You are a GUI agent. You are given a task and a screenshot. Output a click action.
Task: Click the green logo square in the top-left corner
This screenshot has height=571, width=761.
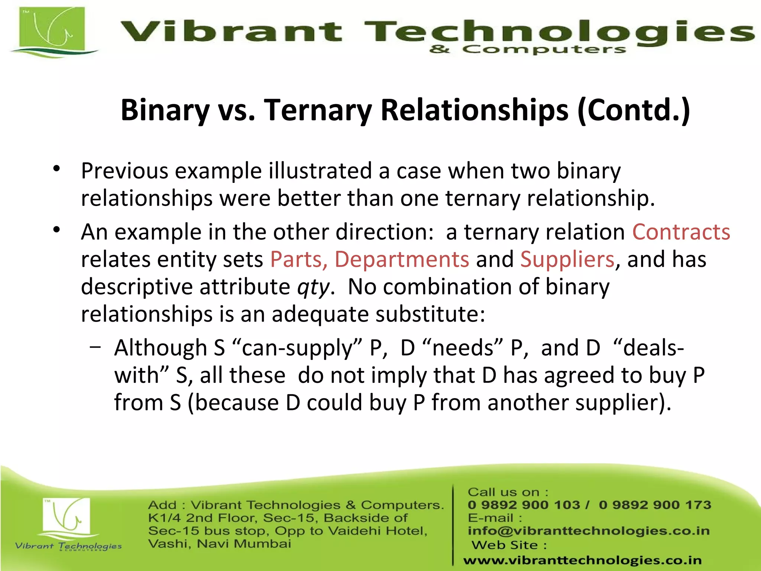(x=52, y=30)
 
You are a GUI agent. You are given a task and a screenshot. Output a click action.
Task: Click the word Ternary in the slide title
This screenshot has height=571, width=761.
(x=318, y=110)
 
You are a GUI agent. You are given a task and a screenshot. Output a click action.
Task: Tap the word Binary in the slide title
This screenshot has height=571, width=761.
(x=165, y=110)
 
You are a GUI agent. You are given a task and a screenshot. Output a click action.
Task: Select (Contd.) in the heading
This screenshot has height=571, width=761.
(x=633, y=110)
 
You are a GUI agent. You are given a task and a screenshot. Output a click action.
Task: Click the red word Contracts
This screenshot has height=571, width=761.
(x=681, y=232)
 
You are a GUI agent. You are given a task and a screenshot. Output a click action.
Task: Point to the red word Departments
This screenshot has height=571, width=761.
(x=402, y=259)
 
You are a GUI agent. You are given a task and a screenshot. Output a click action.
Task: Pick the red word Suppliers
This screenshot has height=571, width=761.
(x=567, y=259)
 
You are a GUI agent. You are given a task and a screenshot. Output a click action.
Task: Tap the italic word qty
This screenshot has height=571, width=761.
(x=313, y=287)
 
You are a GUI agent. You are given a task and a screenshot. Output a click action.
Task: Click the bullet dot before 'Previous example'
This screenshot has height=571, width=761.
(x=56, y=169)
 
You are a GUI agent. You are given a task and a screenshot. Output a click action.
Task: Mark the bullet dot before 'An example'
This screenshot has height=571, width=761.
(x=56, y=230)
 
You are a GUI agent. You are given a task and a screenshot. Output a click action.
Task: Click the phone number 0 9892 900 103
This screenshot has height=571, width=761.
(x=524, y=505)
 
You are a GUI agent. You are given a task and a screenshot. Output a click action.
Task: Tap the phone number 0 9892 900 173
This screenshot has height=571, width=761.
(x=655, y=505)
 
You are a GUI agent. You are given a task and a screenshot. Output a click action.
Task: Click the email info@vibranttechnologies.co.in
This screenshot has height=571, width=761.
(x=589, y=531)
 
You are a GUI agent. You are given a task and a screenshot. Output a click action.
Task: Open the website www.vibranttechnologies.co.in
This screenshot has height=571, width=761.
(x=582, y=560)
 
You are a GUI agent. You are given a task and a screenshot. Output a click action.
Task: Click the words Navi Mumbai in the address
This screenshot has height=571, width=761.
(x=244, y=544)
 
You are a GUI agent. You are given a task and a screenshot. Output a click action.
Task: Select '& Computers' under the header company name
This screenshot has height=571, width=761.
(x=528, y=49)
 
